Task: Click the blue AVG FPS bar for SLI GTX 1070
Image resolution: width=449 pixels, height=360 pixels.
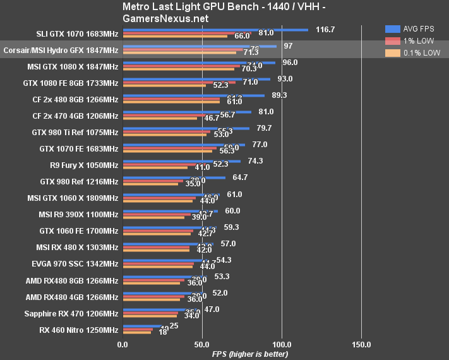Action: (215, 30)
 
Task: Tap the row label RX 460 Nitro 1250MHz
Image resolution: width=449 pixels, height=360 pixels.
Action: (78, 330)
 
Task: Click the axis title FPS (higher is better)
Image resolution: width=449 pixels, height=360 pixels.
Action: (251, 354)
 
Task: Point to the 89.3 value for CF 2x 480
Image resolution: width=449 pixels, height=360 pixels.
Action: (279, 95)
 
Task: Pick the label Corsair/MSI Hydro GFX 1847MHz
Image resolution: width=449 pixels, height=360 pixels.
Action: (61, 50)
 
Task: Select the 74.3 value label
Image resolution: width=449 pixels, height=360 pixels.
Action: (256, 161)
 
